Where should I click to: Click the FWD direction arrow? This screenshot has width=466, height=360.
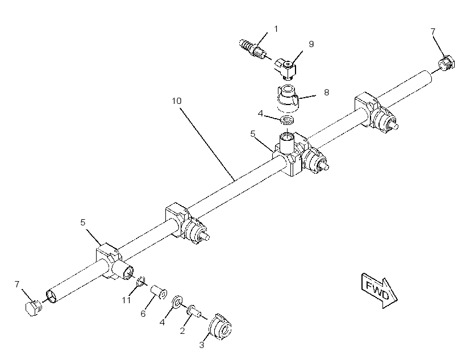(380, 291)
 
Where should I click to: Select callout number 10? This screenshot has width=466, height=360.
(177, 101)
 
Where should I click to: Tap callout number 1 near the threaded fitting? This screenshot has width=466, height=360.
(276, 29)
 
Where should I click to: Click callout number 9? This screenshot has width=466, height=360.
(311, 44)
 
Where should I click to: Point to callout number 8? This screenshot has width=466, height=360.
(327, 93)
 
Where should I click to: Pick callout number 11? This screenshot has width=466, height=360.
(126, 300)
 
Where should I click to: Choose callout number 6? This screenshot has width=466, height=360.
(143, 313)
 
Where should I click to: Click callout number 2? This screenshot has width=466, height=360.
(182, 330)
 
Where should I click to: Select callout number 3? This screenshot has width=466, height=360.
(202, 345)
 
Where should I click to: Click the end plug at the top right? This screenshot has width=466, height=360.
(446, 64)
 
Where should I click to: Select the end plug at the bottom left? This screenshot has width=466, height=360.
(34, 308)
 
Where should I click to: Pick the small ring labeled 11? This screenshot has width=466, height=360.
(140, 282)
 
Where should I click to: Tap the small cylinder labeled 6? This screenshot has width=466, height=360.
(159, 292)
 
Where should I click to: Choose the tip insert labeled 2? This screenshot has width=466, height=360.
(193, 311)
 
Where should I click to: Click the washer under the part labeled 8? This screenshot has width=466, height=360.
(288, 120)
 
